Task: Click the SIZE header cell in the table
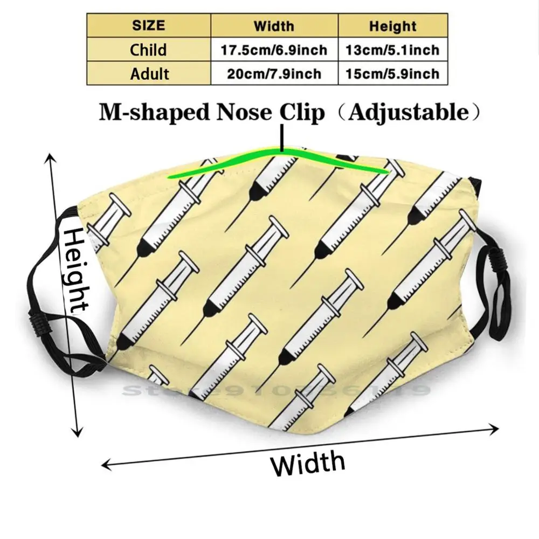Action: coord(149,26)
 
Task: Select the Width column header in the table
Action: coord(274,26)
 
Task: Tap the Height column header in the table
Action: coord(392,26)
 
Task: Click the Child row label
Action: coord(149,50)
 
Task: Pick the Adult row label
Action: coord(149,73)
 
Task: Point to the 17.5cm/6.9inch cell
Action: coord(274,50)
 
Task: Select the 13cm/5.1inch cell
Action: coord(392,50)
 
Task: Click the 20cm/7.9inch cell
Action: coord(274,74)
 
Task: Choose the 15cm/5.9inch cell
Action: coord(392,74)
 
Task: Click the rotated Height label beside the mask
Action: coord(76,269)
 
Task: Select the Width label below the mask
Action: coord(308,463)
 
